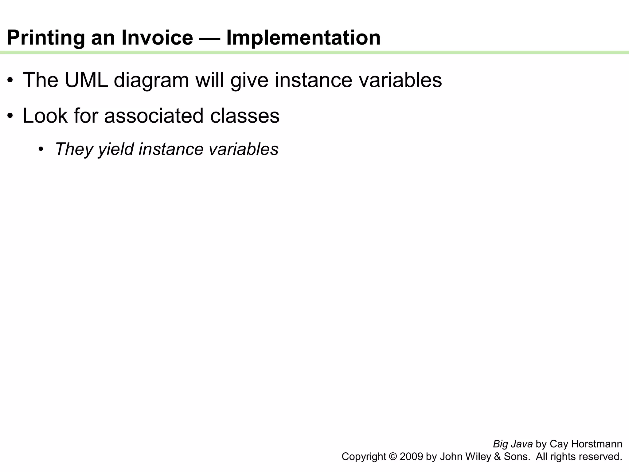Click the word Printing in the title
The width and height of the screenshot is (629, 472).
[45, 38]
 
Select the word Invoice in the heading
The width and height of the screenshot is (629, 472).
[157, 37]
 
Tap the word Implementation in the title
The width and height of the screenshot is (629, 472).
[303, 38]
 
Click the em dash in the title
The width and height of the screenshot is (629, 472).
[209, 38]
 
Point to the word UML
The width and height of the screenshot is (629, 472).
[86, 80]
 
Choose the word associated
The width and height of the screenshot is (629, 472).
[154, 116]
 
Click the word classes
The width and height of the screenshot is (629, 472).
[245, 116]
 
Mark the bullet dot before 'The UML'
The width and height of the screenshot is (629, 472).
[10, 81]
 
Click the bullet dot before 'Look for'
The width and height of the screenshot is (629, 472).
[10, 116]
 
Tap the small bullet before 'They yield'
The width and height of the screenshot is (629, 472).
[41, 150]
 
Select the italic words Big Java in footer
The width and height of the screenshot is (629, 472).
[513, 444]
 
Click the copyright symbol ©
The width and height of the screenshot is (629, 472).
[393, 457]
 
